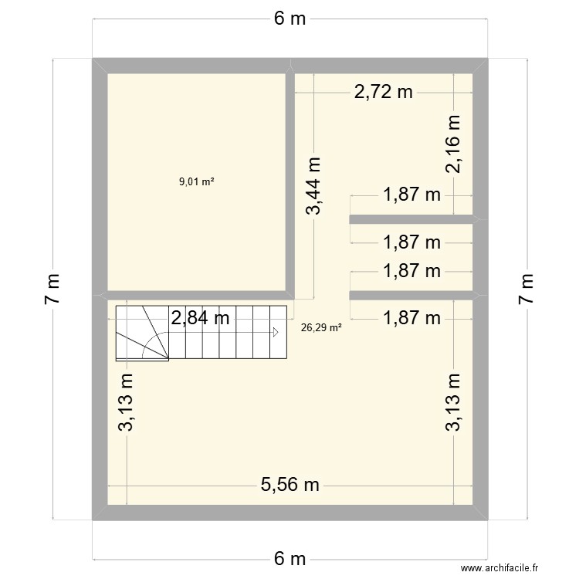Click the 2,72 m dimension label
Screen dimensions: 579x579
click(384, 93)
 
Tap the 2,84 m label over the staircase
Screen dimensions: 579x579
click(200, 317)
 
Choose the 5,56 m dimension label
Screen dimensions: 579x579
click(289, 485)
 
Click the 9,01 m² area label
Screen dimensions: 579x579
click(196, 182)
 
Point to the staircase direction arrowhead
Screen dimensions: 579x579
click(275, 333)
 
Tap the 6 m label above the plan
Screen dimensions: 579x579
click(289, 19)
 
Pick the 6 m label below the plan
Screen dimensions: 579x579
click(289, 558)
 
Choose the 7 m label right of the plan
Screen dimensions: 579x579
click(527, 289)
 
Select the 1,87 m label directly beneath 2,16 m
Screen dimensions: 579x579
click(411, 195)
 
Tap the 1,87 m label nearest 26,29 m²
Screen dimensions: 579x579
click(411, 317)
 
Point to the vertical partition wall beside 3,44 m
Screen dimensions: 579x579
click(293, 185)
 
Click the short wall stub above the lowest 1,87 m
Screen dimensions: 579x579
click(411, 295)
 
